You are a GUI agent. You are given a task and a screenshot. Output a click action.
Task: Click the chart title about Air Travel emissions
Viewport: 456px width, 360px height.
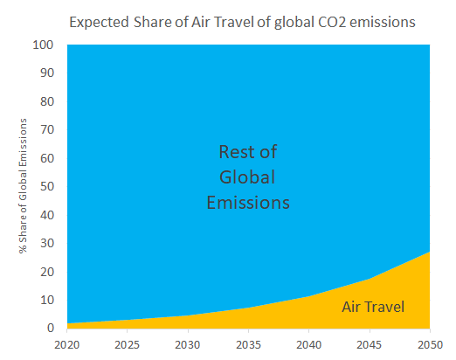[242, 23]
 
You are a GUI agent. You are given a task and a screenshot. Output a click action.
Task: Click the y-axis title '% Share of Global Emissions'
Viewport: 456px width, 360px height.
[23, 186]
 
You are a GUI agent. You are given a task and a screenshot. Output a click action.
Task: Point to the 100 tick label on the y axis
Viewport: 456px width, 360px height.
[43, 45]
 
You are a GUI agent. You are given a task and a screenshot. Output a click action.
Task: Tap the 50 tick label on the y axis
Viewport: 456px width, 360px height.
[47, 186]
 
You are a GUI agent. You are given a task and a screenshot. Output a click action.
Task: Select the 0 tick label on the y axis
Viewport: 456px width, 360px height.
[51, 328]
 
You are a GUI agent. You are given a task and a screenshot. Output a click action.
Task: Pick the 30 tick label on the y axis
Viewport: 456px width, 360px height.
[47, 243]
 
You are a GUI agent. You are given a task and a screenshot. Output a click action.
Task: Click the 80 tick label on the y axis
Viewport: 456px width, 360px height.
[47, 101]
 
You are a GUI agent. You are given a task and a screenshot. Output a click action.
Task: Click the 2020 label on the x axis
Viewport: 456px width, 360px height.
[67, 345]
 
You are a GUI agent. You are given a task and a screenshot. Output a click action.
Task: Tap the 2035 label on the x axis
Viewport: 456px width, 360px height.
[248, 345]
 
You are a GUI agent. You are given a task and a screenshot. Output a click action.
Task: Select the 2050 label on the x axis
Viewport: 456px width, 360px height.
[430, 345]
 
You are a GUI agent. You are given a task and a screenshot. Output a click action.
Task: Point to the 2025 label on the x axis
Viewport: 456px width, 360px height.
[128, 345]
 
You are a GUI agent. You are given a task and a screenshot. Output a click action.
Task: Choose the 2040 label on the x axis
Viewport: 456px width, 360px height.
[308, 345]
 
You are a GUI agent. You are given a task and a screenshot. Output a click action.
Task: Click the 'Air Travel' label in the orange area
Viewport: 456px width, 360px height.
[373, 307]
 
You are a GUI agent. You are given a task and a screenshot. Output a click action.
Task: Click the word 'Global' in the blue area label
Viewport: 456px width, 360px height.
[247, 177]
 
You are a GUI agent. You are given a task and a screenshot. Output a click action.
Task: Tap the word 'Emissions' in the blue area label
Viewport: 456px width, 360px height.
[248, 203]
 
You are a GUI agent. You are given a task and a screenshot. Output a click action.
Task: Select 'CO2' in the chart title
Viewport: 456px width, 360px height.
[332, 23]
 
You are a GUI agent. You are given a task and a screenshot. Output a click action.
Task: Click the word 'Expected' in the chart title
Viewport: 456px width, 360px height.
[99, 23]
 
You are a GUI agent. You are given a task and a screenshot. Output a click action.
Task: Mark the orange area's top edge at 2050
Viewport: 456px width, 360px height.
[430, 252]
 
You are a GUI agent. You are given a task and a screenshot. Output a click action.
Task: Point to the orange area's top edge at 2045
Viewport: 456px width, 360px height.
[370, 279]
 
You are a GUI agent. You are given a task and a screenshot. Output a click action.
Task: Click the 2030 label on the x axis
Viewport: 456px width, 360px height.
[188, 345]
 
